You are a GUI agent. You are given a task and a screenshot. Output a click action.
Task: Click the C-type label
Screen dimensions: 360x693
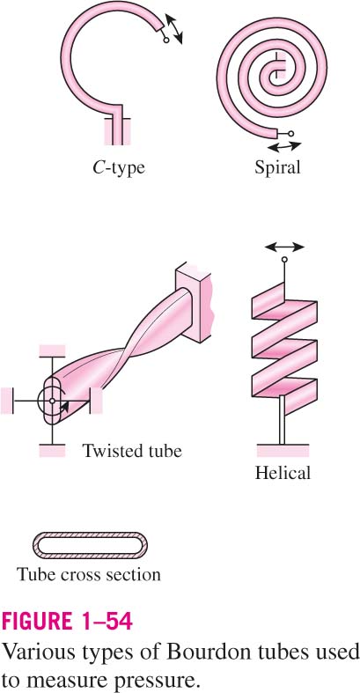pos(118,168)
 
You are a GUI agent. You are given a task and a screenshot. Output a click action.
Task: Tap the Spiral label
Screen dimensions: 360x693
pos(277,167)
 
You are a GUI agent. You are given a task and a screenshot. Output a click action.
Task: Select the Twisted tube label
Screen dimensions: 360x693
pos(132,451)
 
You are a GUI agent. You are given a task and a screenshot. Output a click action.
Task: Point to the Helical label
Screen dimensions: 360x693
pos(283,474)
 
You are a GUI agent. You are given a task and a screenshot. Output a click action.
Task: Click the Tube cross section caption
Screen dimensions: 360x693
pos(89,574)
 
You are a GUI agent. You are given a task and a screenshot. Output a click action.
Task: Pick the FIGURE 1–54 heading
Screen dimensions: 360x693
pos(68,622)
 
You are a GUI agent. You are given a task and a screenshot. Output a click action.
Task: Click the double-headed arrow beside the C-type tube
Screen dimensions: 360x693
pos(173,29)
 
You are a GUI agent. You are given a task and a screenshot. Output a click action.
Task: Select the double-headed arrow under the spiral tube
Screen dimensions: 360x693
pos(284,146)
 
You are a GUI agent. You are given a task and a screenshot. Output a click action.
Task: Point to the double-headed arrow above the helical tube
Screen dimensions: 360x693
pos(284,247)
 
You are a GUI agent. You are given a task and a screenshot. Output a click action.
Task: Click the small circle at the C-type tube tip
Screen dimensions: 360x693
pos(166,41)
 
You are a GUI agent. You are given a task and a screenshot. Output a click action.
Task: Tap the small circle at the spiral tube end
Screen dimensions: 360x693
pos(290,133)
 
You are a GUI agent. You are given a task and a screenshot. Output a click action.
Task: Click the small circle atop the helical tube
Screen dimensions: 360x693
pos(284,260)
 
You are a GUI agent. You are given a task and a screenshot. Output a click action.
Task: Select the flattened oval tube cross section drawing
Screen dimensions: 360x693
pos(90,545)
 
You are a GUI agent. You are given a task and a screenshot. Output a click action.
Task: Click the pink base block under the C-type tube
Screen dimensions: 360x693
pos(117,131)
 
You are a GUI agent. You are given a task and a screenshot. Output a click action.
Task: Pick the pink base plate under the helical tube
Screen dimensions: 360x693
pos(283,450)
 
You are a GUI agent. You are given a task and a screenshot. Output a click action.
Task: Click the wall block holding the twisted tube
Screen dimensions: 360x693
pos(195,303)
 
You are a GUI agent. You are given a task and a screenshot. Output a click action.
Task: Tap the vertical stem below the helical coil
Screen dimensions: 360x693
pos(283,420)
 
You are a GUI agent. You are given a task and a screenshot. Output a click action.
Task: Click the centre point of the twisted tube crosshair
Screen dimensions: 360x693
pos(52,401)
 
